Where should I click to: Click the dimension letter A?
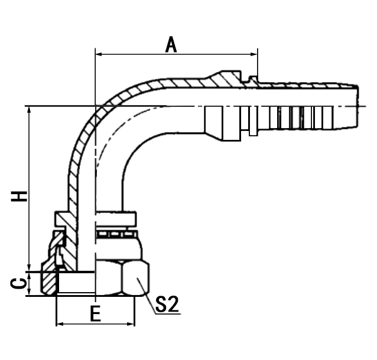(171, 44)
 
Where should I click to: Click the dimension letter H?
(19, 196)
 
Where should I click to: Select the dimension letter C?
(19, 284)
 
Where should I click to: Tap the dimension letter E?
(95, 313)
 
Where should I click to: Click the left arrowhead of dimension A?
(99, 54)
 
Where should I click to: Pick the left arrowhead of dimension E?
(60, 324)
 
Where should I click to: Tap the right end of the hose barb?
(357, 106)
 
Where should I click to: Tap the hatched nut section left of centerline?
(48, 283)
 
